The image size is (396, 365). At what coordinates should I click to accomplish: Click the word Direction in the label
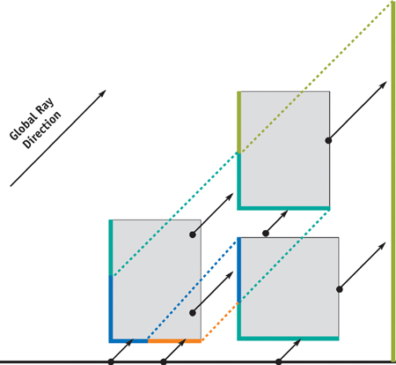point(42,130)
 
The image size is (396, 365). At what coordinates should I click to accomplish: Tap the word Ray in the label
point(45,106)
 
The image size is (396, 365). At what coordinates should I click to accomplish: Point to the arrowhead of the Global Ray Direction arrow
point(102,93)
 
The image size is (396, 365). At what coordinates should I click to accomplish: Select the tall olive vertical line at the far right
point(393,182)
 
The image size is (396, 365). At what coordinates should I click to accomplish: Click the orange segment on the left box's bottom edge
point(174,341)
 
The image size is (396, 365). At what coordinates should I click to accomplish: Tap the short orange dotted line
point(220,322)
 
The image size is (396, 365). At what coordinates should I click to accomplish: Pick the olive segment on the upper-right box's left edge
point(239,123)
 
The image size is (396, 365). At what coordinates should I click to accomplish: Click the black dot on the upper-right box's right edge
point(328,140)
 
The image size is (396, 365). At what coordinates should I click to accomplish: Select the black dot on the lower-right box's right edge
point(340,289)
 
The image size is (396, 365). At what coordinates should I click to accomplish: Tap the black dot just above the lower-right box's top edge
point(266,234)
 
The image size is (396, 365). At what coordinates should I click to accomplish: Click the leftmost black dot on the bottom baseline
point(111,361)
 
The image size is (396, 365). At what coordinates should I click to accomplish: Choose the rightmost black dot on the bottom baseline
point(279,361)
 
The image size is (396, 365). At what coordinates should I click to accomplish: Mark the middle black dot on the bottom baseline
point(164,361)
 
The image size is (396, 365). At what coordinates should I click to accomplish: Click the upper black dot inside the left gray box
point(193,235)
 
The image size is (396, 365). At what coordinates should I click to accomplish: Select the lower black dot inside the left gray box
point(193,313)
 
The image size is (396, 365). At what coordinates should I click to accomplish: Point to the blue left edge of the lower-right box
point(239,270)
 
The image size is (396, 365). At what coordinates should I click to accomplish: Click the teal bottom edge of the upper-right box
point(283,208)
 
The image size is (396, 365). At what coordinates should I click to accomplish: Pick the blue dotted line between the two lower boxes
point(192,290)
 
